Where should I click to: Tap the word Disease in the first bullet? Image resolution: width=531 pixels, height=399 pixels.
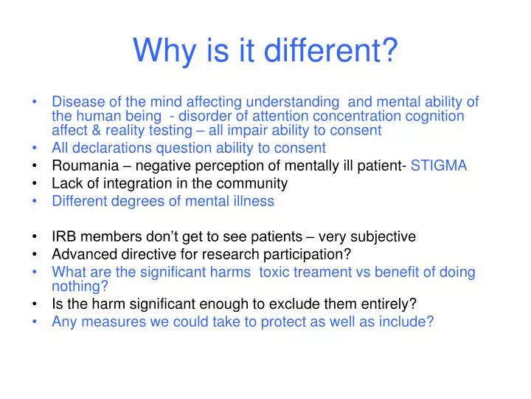tap(77, 102)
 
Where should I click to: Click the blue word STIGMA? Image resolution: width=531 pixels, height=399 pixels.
tap(439, 166)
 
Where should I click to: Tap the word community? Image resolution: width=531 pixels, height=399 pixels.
tap(255, 183)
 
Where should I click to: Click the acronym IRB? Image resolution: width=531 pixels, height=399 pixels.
tap(64, 237)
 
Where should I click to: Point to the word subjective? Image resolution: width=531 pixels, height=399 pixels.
tap(379, 237)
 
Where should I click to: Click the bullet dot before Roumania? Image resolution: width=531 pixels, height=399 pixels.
tap(36, 166)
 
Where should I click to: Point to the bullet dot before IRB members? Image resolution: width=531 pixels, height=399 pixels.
tap(36, 237)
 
